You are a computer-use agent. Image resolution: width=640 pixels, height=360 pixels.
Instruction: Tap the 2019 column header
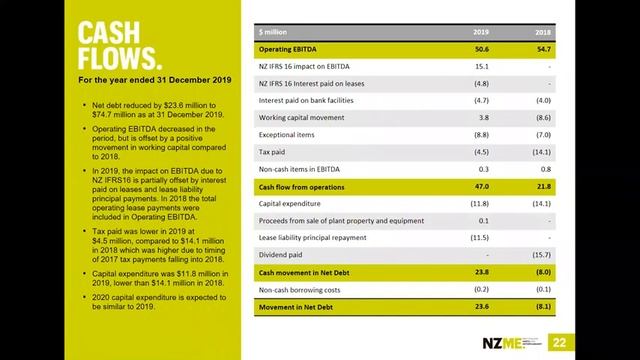click(x=481, y=32)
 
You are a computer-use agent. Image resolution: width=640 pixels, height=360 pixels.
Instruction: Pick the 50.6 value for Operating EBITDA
click(x=480, y=48)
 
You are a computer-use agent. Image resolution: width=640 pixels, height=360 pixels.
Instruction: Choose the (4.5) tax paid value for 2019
click(x=479, y=152)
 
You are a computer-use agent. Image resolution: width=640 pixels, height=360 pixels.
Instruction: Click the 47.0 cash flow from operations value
click(x=480, y=187)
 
